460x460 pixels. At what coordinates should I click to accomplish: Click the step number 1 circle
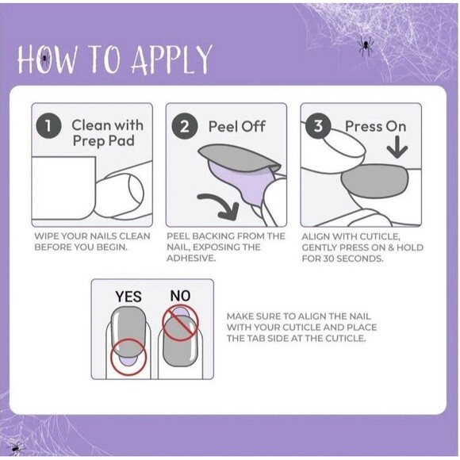click(48, 127)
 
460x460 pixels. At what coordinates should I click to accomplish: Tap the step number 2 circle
click(184, 127)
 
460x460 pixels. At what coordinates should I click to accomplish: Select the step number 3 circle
click(318, 127)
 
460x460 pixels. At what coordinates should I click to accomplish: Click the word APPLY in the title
click(171, 59)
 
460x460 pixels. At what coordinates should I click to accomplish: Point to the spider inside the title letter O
click(44, 59)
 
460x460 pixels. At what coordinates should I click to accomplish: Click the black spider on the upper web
click(366, 46)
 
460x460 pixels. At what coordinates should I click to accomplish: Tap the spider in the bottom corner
click(15, 448)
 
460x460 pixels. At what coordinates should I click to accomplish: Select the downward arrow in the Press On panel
click(397, 147)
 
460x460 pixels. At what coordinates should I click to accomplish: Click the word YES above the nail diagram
click(128, 297)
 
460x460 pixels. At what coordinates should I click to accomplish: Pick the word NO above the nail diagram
click(180, 296)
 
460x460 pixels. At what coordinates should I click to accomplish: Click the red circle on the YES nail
click(128, 357)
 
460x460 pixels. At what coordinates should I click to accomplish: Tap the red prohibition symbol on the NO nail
click(180, 323)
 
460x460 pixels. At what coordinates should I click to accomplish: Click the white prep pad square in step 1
click(63, 188)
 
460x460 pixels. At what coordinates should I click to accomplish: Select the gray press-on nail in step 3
click(375, 181)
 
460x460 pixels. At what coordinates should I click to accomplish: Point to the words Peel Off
click(237, 127)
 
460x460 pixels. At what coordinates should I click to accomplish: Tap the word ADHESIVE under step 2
click(191, 259)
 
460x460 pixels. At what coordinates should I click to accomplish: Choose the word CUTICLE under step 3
click(380, 236)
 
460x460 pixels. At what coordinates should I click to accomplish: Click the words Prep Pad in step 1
click(104, 141)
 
